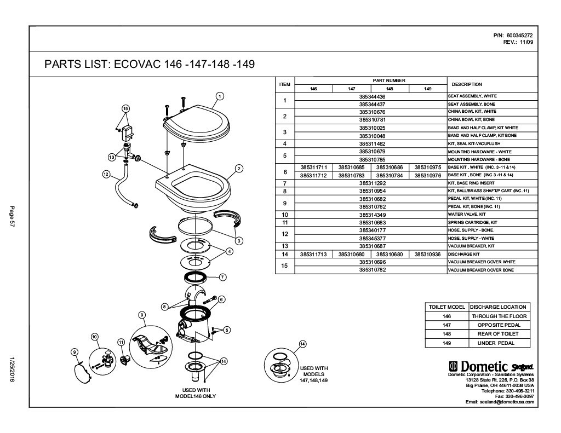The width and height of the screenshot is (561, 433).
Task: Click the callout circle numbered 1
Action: click(x=220, y=96)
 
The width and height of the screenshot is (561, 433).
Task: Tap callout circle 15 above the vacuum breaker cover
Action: click(x=125, y=108)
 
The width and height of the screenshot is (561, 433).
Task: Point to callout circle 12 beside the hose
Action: click(x=106, y=174)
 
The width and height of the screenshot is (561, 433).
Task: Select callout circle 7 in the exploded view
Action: click(x=222, y=277)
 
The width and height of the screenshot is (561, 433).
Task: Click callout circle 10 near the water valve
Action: click(x=94, y=337)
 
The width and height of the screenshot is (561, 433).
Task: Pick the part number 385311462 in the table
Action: click(x=372, y=144)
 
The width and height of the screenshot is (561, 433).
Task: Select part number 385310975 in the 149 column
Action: click(x=428, y=168)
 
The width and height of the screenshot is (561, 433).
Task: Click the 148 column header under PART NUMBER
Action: click(x=390, y=89)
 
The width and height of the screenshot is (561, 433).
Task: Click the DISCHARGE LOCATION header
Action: click(x=498, y=307)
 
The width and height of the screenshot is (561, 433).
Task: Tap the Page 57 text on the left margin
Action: click(x=12, y=216)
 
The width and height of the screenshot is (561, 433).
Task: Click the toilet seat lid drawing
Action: click(x=196, y=125)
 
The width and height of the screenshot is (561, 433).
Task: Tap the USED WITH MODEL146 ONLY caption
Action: click(x=196, y=393)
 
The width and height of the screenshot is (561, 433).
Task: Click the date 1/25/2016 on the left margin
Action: click(x=12, y=370)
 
